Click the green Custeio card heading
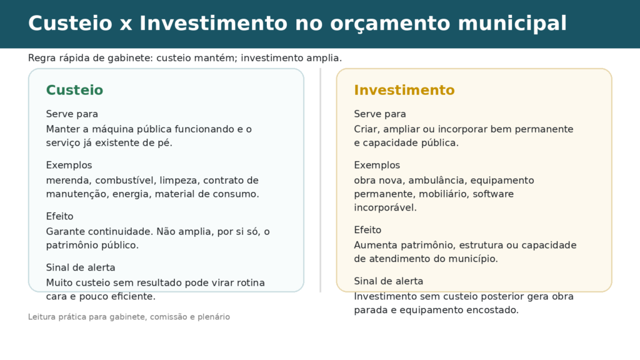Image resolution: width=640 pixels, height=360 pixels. [74, 90]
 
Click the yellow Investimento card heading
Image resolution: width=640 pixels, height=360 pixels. [404, 90]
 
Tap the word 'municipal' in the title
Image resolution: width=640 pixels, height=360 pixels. [512, 24]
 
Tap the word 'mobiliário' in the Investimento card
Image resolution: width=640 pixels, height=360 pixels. [441, 194]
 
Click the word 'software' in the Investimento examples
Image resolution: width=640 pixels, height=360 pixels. [493, 194]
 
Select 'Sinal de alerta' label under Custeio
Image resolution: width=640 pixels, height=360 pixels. [81, 267]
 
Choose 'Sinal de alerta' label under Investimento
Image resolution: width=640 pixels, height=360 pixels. [389, 281]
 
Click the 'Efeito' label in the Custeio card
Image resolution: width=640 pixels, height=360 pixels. [59, 216]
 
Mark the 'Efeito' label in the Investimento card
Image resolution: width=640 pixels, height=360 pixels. [367, 230]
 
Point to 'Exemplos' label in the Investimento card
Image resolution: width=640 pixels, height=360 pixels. [377, 165]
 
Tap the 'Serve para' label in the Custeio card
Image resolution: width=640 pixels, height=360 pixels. [72, 114]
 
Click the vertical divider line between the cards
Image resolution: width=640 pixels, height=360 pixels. [321, 180]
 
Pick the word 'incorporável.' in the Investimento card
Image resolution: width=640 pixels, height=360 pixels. [385, 207]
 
